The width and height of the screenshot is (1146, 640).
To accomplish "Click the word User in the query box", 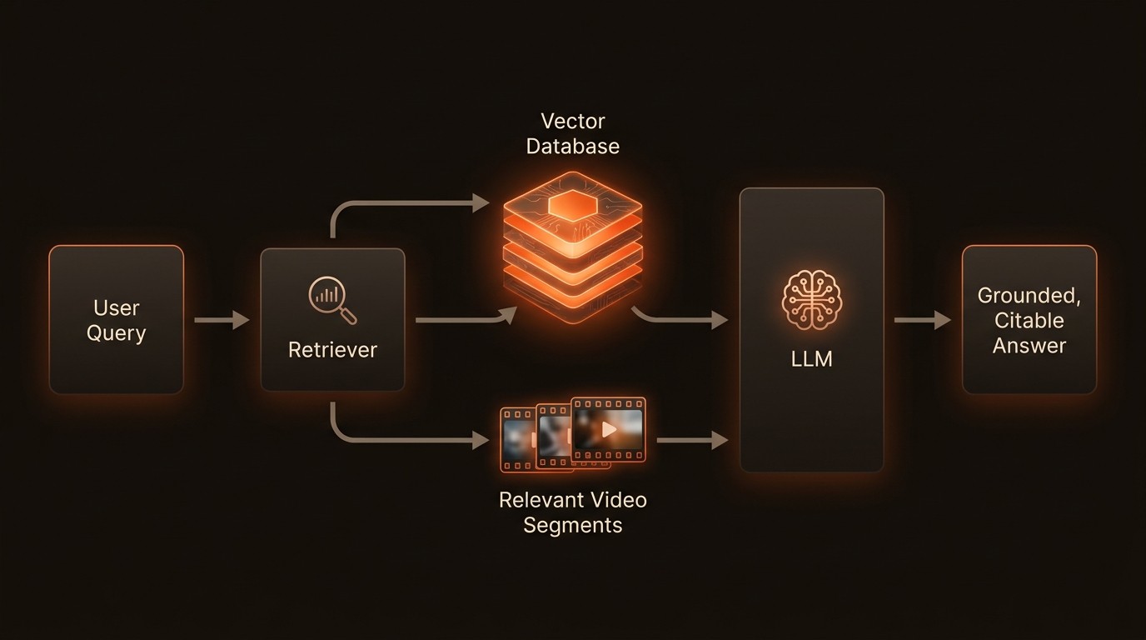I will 116,307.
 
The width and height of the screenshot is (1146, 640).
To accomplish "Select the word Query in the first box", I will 116,333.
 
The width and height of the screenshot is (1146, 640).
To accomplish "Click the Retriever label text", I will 332,350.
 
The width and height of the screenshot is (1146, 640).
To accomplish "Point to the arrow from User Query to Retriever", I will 222,320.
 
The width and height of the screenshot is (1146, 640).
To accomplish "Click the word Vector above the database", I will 572,122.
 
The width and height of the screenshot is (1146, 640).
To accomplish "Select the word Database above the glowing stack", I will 572,147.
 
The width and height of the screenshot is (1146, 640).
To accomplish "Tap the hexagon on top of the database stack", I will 573,203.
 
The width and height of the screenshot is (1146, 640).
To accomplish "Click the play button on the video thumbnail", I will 610,429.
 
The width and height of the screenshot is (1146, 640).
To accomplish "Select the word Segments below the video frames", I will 572,525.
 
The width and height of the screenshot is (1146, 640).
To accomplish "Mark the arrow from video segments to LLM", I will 692,440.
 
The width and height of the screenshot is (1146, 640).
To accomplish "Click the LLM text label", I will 812,359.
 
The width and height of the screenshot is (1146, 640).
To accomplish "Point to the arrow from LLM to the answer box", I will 922,320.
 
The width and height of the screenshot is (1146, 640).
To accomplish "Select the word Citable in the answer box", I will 1029,321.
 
